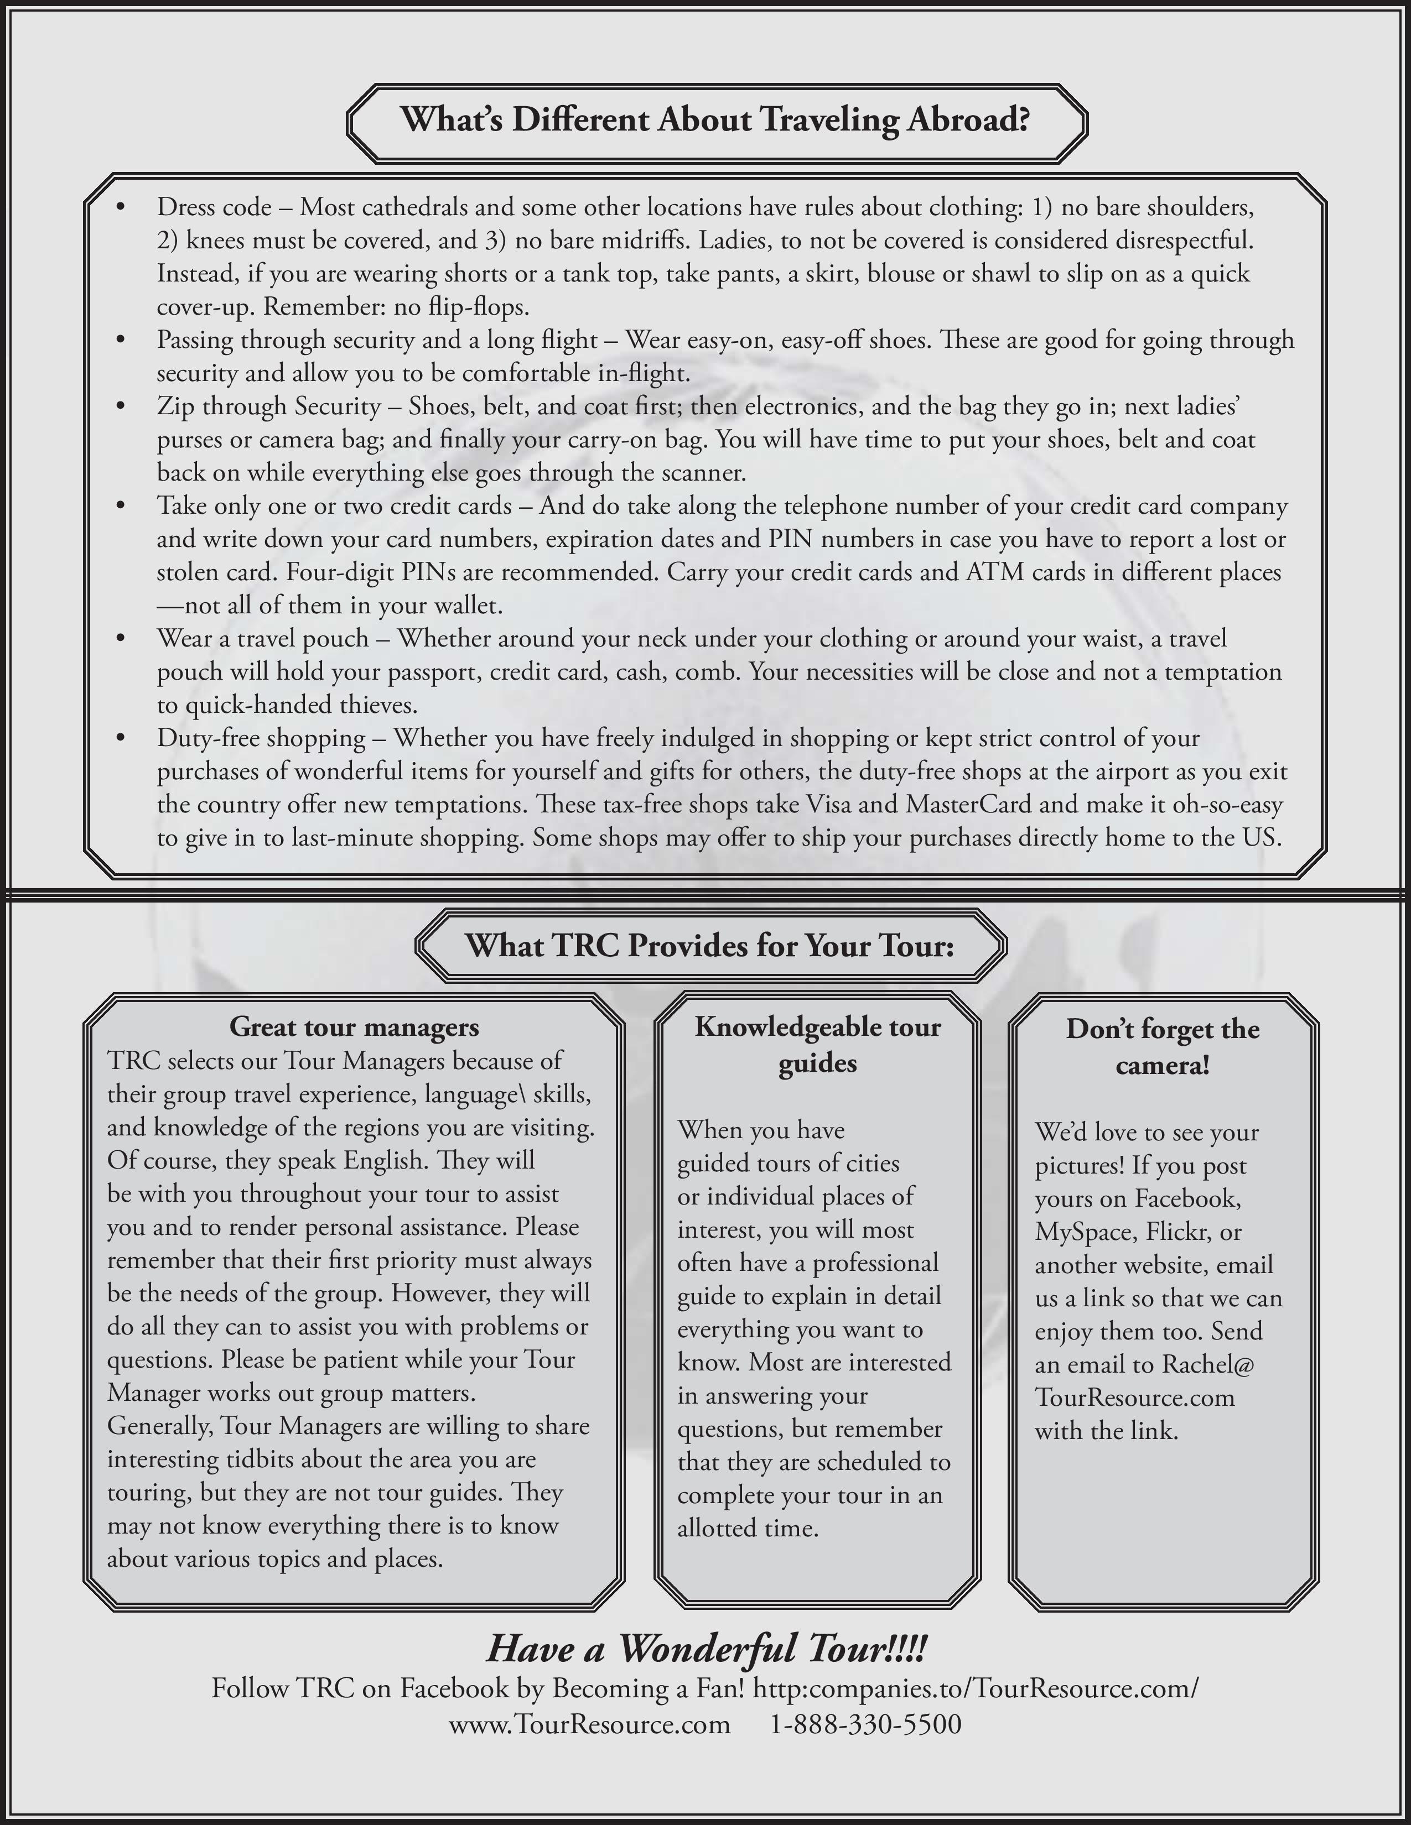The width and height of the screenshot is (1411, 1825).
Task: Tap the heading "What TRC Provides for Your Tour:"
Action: [710, 945]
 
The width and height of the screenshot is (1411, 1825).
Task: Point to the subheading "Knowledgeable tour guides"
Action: [817, 1045]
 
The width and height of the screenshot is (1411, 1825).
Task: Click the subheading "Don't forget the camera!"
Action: [1162, 1047]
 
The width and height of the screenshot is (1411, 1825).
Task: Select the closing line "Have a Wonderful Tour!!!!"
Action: [707, 1649]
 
